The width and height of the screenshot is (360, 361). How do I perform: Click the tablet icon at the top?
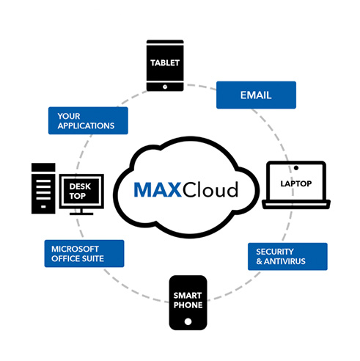[x=167, y=65]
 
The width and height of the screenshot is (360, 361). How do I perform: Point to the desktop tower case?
[x=43, y=189]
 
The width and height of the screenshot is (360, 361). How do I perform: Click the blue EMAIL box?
[x=256, y=95]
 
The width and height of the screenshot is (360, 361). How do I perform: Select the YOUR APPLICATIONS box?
[x=87, y=120]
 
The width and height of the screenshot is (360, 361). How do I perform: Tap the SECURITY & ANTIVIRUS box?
[x=286, y=256]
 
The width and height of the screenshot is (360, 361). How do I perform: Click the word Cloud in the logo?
[x=213, y=191]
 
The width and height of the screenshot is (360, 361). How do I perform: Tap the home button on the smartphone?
[x=188, y=321]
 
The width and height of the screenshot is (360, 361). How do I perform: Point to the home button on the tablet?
[x=167, y=85]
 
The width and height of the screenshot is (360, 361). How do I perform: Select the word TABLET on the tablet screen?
[x=167, y=63]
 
